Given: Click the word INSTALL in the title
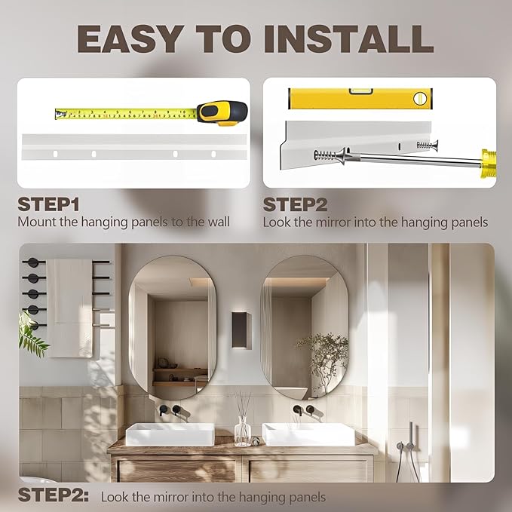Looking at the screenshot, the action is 348,39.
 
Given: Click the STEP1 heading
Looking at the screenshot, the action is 49,204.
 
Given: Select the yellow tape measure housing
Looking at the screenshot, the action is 222,113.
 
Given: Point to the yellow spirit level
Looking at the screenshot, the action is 360,98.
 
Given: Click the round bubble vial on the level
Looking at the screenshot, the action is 420,98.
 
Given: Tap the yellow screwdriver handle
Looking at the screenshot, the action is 489,164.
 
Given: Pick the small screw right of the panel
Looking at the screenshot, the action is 428,144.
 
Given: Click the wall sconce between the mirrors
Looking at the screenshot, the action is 241,330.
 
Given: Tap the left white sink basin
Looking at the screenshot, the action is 170,434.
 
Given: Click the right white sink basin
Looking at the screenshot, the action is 308,434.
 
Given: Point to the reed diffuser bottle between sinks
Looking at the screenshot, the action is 243,431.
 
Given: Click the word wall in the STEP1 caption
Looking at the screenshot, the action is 219,222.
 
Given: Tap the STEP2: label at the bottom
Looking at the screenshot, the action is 54,495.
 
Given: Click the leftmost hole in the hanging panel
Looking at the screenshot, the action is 55,154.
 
